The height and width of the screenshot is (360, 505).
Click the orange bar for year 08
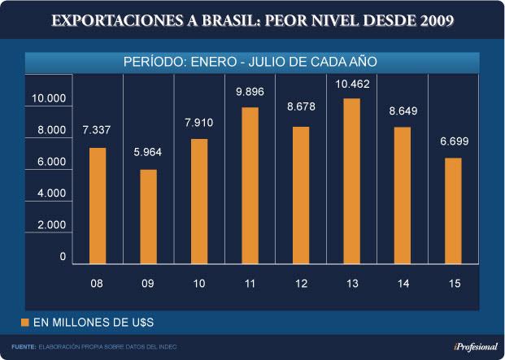(98, 206)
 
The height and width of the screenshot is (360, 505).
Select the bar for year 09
(148, 216)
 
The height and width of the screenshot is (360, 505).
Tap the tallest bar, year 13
(352, 181)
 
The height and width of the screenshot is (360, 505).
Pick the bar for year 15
(454, 210)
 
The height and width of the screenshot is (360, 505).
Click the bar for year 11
(250, 185)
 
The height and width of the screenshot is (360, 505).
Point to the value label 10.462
(352, 84)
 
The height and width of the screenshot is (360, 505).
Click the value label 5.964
(148, 154)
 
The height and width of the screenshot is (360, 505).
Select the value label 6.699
(454, 142)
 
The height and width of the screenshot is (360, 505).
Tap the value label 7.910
(199, 124)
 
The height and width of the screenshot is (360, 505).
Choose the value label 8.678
(301, 107)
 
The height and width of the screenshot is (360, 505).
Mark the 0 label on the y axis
(63, 257)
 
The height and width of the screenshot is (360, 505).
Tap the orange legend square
(24, 323)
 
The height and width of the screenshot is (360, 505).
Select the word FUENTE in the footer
(24, 347)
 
